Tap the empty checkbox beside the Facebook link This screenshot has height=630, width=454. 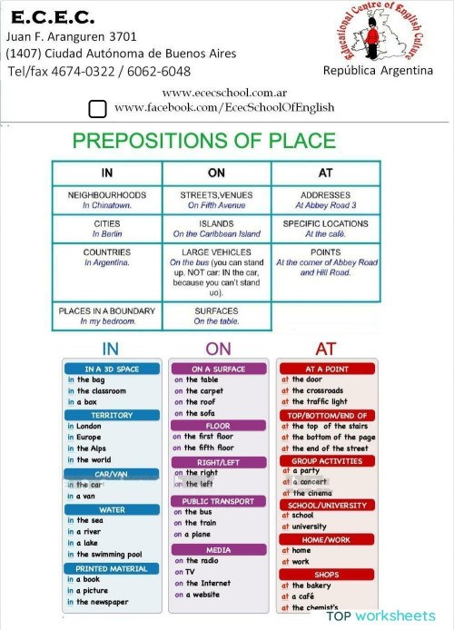point(98,110)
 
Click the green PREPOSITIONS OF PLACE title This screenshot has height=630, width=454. point(203,141)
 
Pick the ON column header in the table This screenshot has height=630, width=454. point(216,172)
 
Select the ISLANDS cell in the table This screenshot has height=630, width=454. point(216,228)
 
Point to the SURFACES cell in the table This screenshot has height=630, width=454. point(216,315)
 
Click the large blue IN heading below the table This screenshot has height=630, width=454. point(110,349)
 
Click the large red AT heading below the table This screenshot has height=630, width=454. point(325,349)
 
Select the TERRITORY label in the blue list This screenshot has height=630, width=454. point(112,415)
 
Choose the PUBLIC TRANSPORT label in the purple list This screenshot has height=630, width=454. point(218,501)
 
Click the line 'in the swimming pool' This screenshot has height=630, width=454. point(104,555)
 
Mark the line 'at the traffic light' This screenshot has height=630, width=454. point(314,401)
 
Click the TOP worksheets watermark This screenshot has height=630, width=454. point(381,615)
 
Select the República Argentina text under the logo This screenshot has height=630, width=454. point(378,71)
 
